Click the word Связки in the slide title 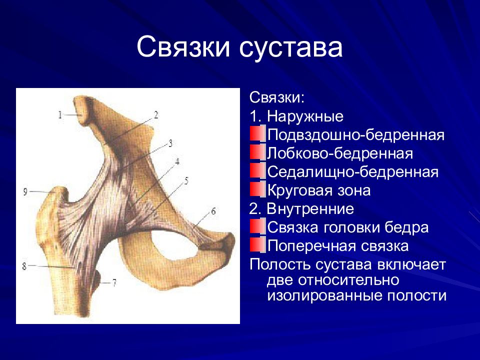pyautogui.click(x=183, y=47)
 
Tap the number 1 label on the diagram pyautogui.click(x=60, y=115)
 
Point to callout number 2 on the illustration pyautogui.click(x=156, y=115)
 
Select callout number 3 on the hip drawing pyautogui.click(x=170, y=143)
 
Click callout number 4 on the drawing pyautogui.click(x=177, y=161)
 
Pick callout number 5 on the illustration pyautogui.click(x=186, y=181)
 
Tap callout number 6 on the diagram pyautogui.click(x=213, y=211)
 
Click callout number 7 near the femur pyautogui.click(x=114, y=282)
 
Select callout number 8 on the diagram pyautogui.click(x=24, y=266)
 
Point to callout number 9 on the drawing pyautogui.click(x=25, y=192)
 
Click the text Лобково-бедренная pyautogui.click(x=340, y=153)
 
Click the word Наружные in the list pyautogui.click(x=305, y=117)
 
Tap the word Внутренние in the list pyautogui.click(x=310, y=209)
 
